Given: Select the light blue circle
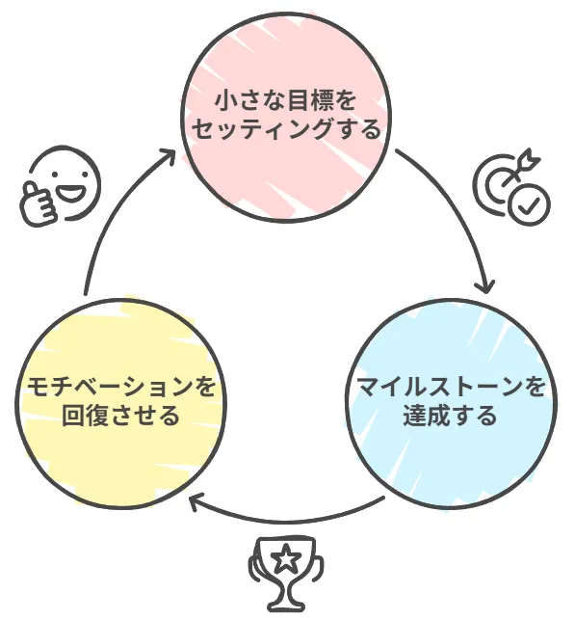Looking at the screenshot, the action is (452, 402).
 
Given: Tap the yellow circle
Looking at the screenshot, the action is (120, 402).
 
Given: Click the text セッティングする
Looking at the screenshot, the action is (286, 129).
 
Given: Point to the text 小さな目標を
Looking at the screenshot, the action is (286, 100).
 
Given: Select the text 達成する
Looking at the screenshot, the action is (450, 416).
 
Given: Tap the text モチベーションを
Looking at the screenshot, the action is (120, 387).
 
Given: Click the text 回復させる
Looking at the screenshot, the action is (120, 416).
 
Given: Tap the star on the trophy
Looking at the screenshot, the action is (285, 558).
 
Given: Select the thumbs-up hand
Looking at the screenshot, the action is (39, 202).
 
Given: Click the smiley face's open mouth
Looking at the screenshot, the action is (71, 193).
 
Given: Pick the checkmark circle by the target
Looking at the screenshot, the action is (529, 205).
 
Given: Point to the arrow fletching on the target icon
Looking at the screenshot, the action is (531, 157).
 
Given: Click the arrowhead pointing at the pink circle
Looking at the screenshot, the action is (168, 156).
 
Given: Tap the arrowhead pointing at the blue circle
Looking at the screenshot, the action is (487, 286).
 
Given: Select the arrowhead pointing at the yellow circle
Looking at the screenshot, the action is (196, 500).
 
